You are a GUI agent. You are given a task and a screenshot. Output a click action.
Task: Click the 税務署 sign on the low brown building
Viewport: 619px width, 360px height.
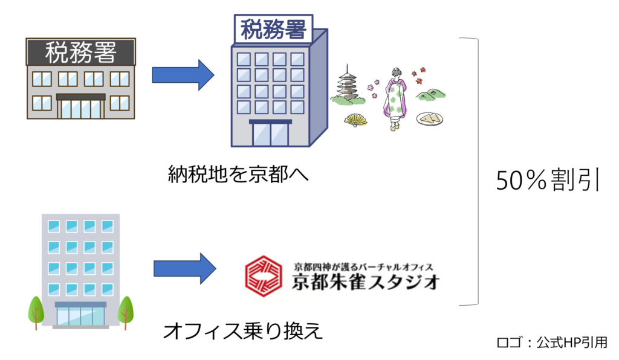(x=80, y=53)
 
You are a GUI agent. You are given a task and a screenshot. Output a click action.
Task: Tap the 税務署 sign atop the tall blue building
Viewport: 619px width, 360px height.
(x=273, y=28)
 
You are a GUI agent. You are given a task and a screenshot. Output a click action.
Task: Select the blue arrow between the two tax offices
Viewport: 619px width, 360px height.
(x=183, y=75)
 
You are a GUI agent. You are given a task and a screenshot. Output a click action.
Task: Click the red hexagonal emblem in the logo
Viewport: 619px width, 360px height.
(x=264, y=275)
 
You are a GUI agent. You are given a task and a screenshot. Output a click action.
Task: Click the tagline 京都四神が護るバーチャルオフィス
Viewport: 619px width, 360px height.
(x=363, y=266)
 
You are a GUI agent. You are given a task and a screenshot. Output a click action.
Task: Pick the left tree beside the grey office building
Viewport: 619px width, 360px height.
(x=36, y=310)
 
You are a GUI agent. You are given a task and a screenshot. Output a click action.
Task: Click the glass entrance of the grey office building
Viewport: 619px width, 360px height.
(x=80, y=315)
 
